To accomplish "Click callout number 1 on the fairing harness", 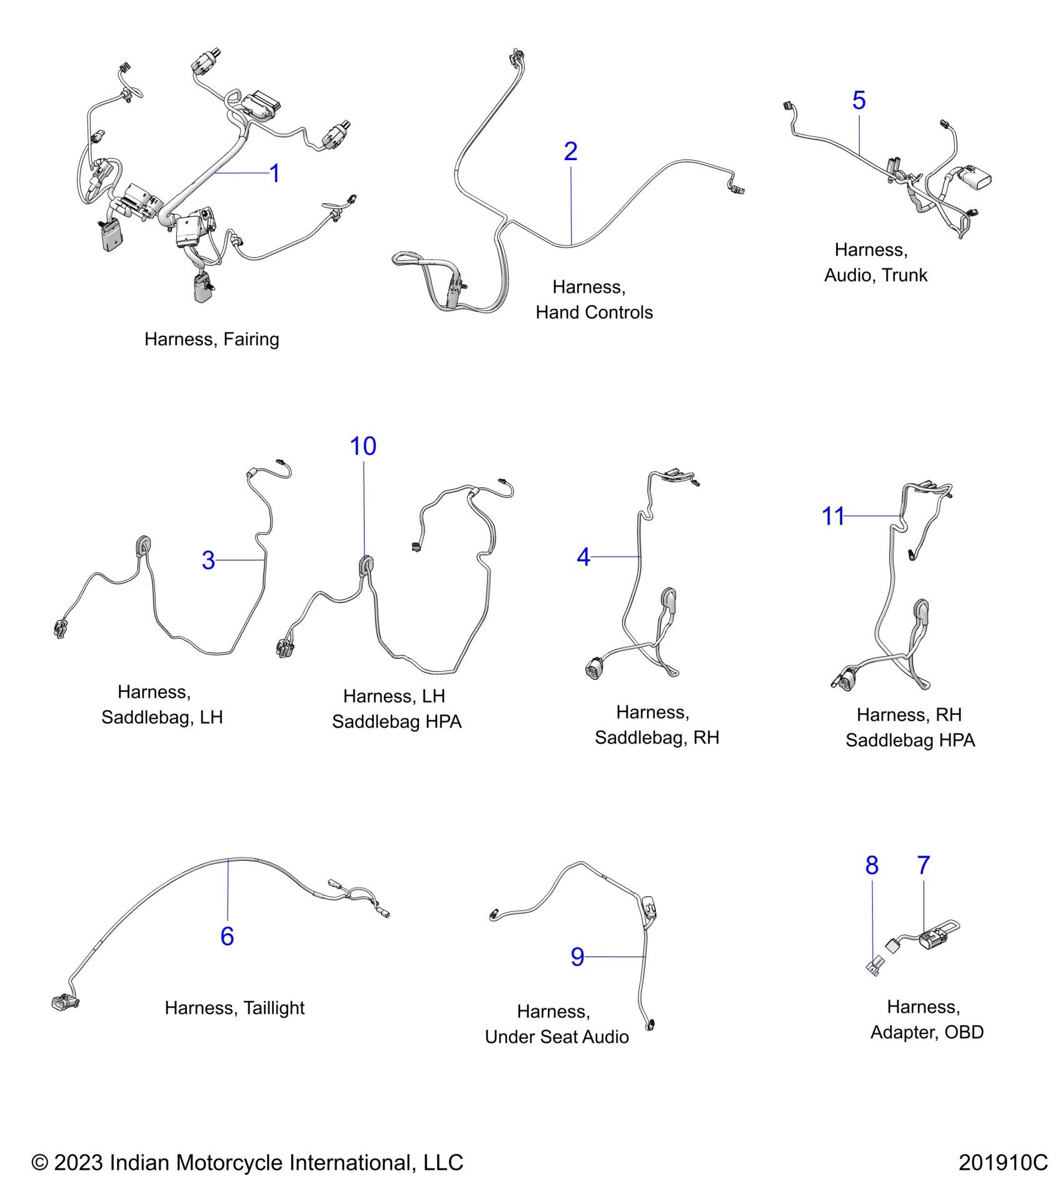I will (x=275, y=173).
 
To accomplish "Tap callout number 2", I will (x=570, y=151).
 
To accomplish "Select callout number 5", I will (x=859, y=100).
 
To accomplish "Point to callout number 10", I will (x=363, y=446).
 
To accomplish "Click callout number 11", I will (x=833, y=516).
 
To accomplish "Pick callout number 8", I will (x=872, y=865).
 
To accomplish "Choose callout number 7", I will (x=924, y=865).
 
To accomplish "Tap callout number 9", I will (x=577, y=956).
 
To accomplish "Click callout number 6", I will (x=227, y=936).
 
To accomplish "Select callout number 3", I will (x=208, y=560).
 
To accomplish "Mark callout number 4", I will (x=583, y=557).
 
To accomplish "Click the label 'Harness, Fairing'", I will (x=211, y=339).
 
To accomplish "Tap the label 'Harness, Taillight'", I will (x=234, y=1008).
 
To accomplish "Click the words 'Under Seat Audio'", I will (x=557, y=1036).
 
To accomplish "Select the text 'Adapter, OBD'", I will (x=927, y=1032).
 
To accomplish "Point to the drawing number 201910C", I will (x=1002, y=1162).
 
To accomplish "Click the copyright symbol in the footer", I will (x=40, y=1163).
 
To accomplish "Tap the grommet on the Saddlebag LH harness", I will (x=143, y=545).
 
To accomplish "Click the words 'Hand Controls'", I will (x=594, y=312).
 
